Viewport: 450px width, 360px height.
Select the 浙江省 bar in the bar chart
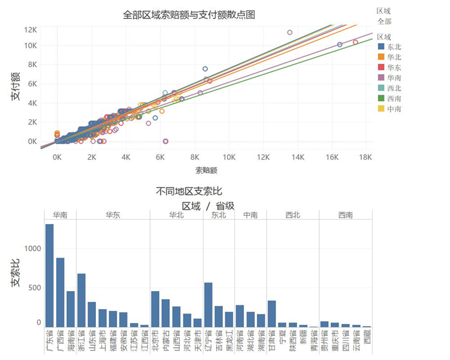(81, 300)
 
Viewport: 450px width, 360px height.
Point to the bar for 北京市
(155, 309)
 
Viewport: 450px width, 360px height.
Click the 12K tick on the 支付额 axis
(30, 30)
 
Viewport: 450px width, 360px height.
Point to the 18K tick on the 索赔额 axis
(365, 156)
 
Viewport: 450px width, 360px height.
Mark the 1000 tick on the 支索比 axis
(33, 249)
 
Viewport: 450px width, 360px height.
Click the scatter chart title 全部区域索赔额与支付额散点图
(189, 14)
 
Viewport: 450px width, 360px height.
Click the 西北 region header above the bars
(292, 215)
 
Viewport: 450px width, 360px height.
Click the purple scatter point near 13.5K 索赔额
(290, 32)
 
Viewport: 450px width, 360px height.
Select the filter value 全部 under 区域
(384, 21)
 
